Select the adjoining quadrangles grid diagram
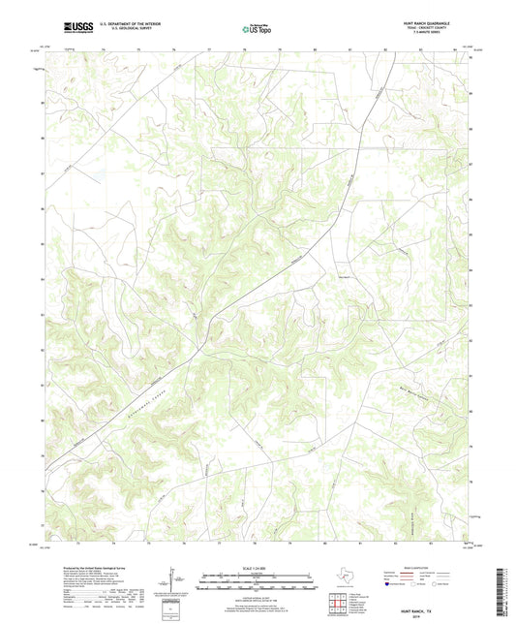[x=341, y=602]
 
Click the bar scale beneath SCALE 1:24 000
[x=257, y=583]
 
